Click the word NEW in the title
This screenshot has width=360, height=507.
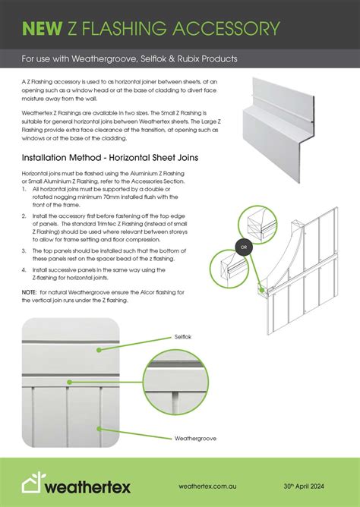pyautogui.click(x=42, y=28)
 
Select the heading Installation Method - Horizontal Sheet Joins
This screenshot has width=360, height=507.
pyautogui.click(x=110, y=158)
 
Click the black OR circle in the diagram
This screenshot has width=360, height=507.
pyautogui.click(x=244, y=247)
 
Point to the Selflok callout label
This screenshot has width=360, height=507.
pyautogui.click(x=183, y=337)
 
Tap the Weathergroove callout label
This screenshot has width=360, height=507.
pyautogui.click(x=195, y=439)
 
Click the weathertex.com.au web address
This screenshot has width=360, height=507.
pyautogui.click(x=207, y=486)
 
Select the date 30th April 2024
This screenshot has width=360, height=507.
pyautogui.click(x=304, y=486)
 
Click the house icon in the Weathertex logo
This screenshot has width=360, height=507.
pyautogui.click(x=33, y=483)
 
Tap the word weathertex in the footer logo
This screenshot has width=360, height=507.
pyautogui.click(x=87, y=487)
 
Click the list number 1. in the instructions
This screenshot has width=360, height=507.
pyautogui.click(x=24, y=189)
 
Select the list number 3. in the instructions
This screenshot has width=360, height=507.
pyautogui.click(x=24, y=251)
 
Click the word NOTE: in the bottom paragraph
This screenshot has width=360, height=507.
pyautogui.click(x=29, y=292)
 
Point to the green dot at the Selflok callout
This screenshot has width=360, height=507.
pyautogui.click(x=99, y=350)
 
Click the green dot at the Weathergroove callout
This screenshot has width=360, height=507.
pyautogui.click(x=99, y=429)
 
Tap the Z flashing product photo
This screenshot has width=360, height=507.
pyautogui.click(x=279, y=130)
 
